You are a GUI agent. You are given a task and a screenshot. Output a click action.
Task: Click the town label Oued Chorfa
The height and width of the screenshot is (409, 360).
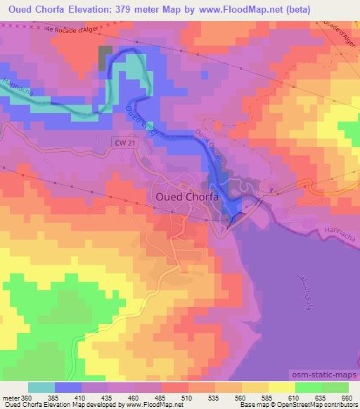186,197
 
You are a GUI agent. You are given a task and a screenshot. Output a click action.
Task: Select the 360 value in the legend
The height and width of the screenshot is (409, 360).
27,398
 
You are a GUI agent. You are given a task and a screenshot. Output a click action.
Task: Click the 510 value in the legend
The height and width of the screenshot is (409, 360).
187,398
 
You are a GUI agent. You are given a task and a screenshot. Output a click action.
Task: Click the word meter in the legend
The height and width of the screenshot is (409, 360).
11,398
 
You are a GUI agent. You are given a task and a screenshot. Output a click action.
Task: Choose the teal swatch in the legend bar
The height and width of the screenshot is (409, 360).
41,387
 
